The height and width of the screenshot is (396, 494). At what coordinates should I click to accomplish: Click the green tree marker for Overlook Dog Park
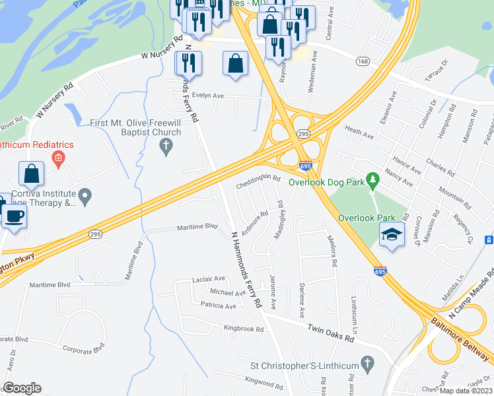373,179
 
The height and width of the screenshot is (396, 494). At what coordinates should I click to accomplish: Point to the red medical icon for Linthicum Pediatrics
59,158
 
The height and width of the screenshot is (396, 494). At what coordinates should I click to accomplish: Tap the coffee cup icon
14,216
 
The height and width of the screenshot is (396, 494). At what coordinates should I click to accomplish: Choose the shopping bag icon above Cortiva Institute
32,174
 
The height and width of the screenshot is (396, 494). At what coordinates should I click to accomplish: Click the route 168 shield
362,61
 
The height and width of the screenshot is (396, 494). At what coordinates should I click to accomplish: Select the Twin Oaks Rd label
331,331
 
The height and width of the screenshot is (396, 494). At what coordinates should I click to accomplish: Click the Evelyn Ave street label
208,96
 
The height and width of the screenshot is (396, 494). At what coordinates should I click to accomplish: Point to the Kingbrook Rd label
244,328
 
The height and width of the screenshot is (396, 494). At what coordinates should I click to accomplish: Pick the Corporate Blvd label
84,348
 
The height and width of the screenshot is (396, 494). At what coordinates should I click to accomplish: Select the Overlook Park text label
367,218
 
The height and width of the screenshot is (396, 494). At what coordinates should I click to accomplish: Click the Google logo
22,388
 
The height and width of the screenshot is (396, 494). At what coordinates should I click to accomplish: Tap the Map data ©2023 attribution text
466,391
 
